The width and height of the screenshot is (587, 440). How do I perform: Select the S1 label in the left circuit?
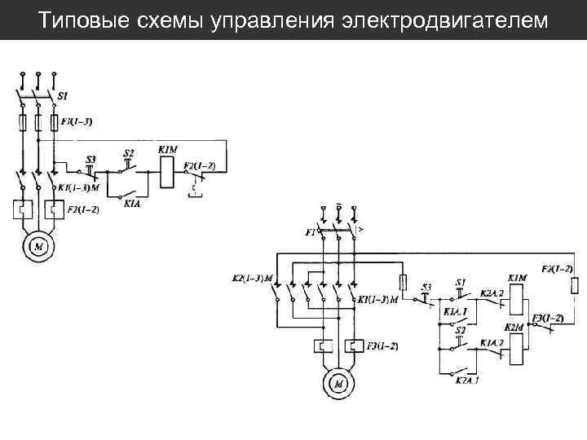62,96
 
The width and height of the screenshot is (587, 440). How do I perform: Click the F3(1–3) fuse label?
77,121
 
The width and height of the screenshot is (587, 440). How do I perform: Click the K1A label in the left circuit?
133,205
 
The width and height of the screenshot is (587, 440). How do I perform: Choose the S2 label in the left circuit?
128,153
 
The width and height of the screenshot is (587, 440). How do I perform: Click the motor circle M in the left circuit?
38,244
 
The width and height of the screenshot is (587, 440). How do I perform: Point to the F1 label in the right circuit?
310,232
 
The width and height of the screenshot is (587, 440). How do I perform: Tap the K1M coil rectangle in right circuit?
516,302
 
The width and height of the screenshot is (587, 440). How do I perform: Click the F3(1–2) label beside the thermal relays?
382,346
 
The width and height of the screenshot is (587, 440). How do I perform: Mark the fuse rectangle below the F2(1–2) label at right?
576,284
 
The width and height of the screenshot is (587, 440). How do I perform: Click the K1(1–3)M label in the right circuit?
377,300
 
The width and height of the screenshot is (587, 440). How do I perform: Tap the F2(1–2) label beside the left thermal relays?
82,210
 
